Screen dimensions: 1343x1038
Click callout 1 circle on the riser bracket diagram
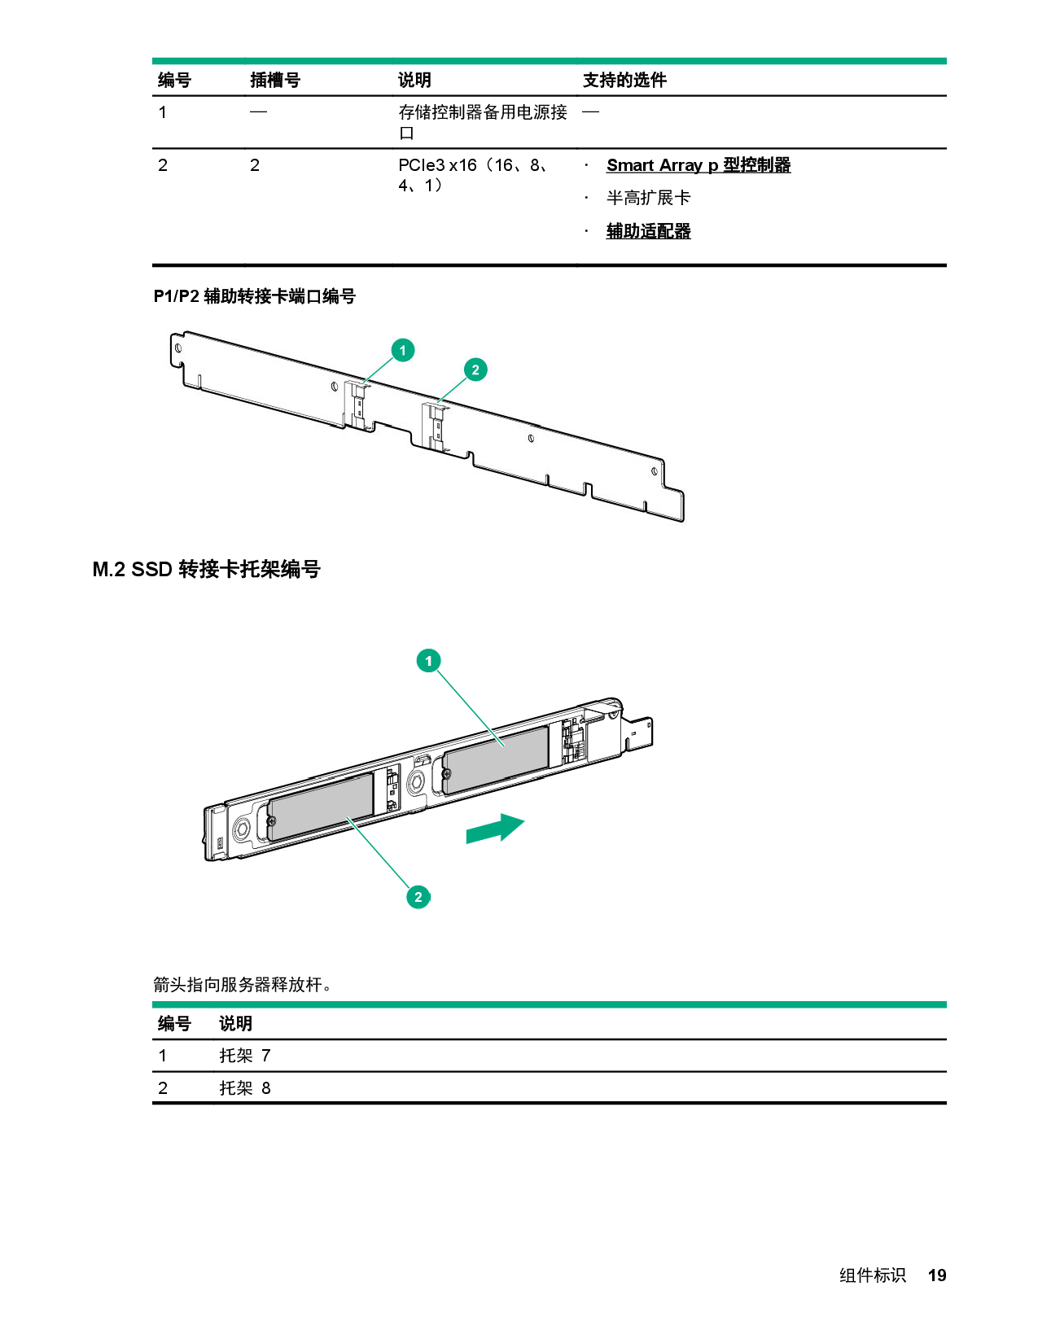tap(402, 350)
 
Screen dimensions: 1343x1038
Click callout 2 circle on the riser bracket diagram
tap(475, 370)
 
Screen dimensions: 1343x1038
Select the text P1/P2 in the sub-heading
tap(176, 296)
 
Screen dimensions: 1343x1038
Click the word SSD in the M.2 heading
tap(151, 569)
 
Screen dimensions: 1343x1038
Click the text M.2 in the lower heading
tap(108, 569)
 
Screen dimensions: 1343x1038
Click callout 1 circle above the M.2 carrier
tap(429, 660)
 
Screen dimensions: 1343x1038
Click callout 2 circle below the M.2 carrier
tap(418, 897)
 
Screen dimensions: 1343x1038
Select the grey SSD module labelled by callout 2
tap(320, 806)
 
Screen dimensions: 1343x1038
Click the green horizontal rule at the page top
tap(549, 61)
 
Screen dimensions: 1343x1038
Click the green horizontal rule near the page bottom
tap(549, 1004)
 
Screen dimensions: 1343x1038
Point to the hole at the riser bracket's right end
tap(655, 471)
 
